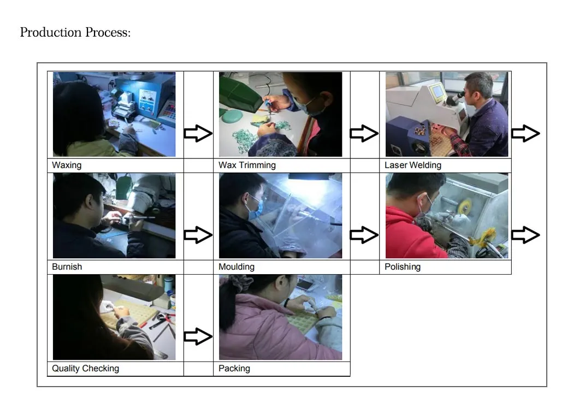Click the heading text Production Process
point(75,33)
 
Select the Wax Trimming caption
point(247,165)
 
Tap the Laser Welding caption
point(412,165)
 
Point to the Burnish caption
point(67,267)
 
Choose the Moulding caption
point(236,267)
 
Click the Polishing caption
point(402,267)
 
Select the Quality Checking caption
point(85,369)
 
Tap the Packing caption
point(234,369)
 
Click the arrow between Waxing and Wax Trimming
point(198,133)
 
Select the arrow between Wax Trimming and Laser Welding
point(364,133)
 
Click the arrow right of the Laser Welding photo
point(525,133)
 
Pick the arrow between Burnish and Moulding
point(198,235)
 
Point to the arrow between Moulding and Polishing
point(364,235)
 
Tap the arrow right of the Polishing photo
point(525,235)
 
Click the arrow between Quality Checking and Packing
point(198,336)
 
